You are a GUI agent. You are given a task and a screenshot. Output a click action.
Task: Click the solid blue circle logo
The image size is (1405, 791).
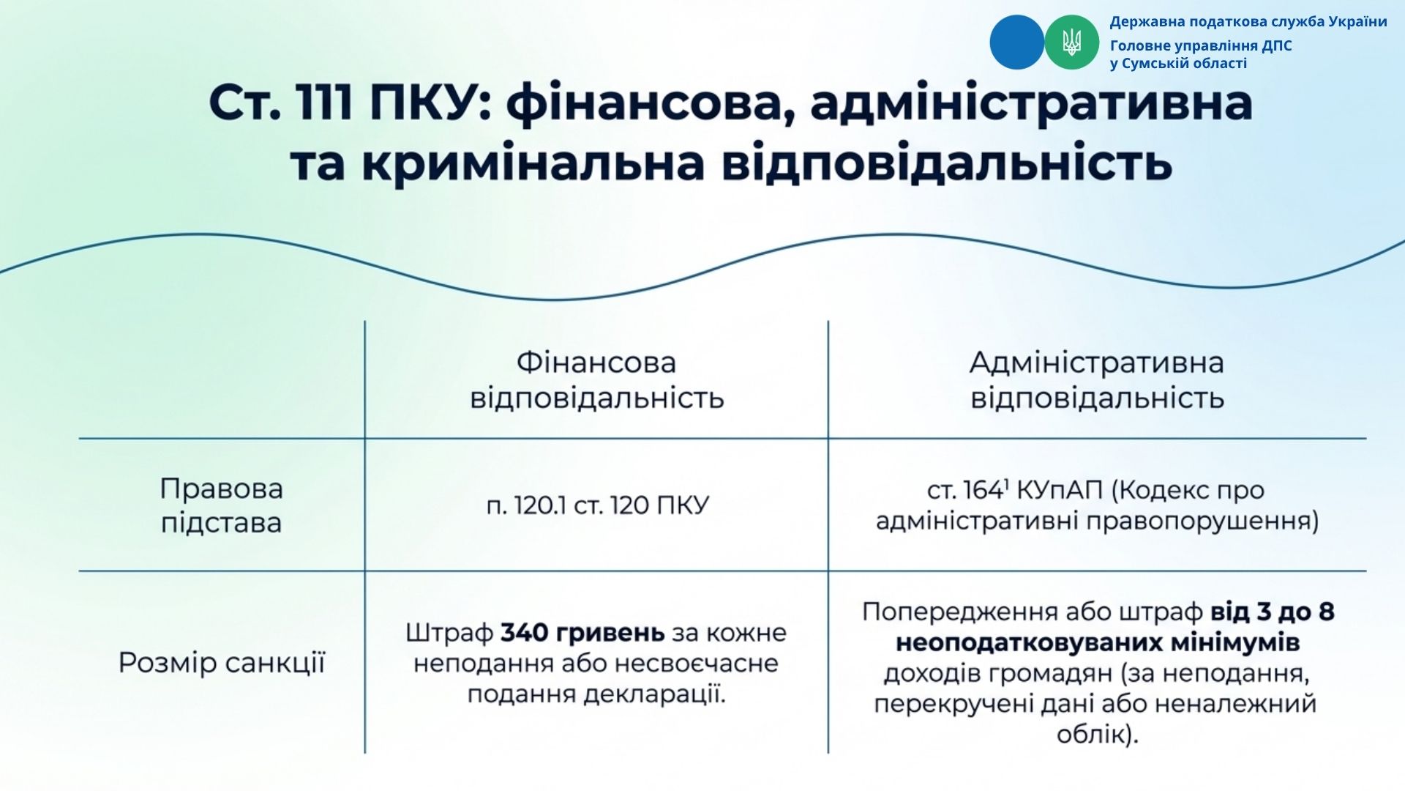(1016, 42)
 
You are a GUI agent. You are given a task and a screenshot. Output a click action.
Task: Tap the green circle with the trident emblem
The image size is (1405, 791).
(1071, 42)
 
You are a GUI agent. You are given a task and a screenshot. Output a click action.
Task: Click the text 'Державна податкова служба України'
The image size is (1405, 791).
(1248, 22)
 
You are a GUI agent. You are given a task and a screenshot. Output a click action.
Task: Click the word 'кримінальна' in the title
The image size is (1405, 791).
(533, 163)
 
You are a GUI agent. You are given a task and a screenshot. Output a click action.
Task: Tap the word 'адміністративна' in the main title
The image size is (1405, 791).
(1032, 103)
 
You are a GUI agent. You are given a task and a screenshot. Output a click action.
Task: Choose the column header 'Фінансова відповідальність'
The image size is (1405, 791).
(596, 380)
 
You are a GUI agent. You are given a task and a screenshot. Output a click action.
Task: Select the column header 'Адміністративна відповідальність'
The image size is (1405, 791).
(1097, 380)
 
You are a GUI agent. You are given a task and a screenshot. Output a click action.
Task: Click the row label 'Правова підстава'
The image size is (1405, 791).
(221, 505)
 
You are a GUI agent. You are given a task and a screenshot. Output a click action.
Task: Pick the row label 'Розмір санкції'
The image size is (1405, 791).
(221, 663)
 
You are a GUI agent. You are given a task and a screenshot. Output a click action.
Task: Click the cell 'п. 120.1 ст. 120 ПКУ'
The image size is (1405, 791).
(597, 505)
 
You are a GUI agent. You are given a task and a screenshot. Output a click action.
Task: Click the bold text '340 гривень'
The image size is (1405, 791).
(582, 632)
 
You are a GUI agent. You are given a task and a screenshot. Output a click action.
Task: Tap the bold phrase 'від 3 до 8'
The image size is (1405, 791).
(1273, 612)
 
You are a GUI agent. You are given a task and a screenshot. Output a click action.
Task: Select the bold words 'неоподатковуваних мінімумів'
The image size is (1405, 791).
(1098, 642)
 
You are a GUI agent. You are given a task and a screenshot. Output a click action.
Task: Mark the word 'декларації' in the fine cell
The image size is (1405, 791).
(653, 694)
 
